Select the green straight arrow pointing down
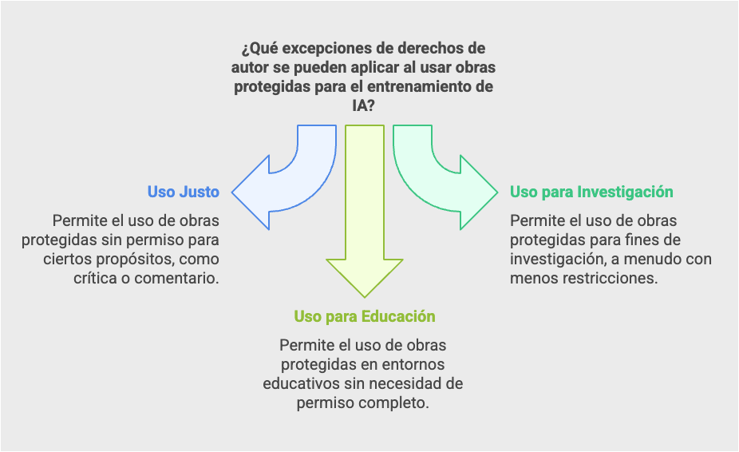tap(365, 212)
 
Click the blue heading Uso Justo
tap(184, 192)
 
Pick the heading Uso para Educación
tap(365, 316)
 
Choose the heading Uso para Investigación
tap(591, 192)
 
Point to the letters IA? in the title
tap(363, 105)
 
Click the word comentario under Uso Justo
tap(176, 278)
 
